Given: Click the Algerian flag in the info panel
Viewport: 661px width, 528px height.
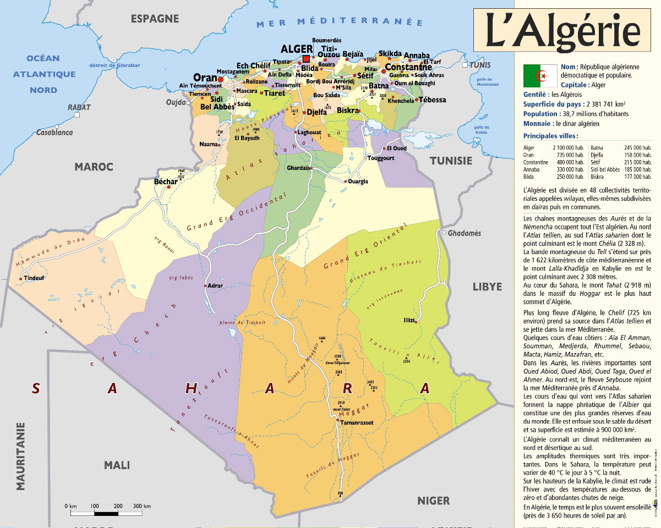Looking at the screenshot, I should pyautogui.click(x=540, y=75).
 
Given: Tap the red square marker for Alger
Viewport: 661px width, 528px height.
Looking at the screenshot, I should pyautogui.click(x=306, y=59).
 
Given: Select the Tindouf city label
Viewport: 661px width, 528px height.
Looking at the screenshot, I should pyautogui.click(x=34, y=278).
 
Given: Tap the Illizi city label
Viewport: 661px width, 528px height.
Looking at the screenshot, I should pyautogui.click(x=408, y=320).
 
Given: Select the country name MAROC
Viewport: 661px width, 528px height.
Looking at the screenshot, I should pyautogui.click(x=94, y=167).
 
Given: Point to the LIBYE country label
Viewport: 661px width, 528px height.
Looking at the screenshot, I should pyautogui.click(x=487, y=287).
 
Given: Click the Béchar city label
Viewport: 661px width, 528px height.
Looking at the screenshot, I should pyautogui.click(x=166, y=182).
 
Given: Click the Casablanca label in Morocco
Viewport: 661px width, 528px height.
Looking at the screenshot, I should pyautogui.click(x=54, y=133).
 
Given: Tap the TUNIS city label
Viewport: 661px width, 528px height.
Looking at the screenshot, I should pyautogui.click(x=479, y=65).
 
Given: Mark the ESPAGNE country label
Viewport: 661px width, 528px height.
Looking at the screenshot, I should pyautogui.click(x=155, y=19).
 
